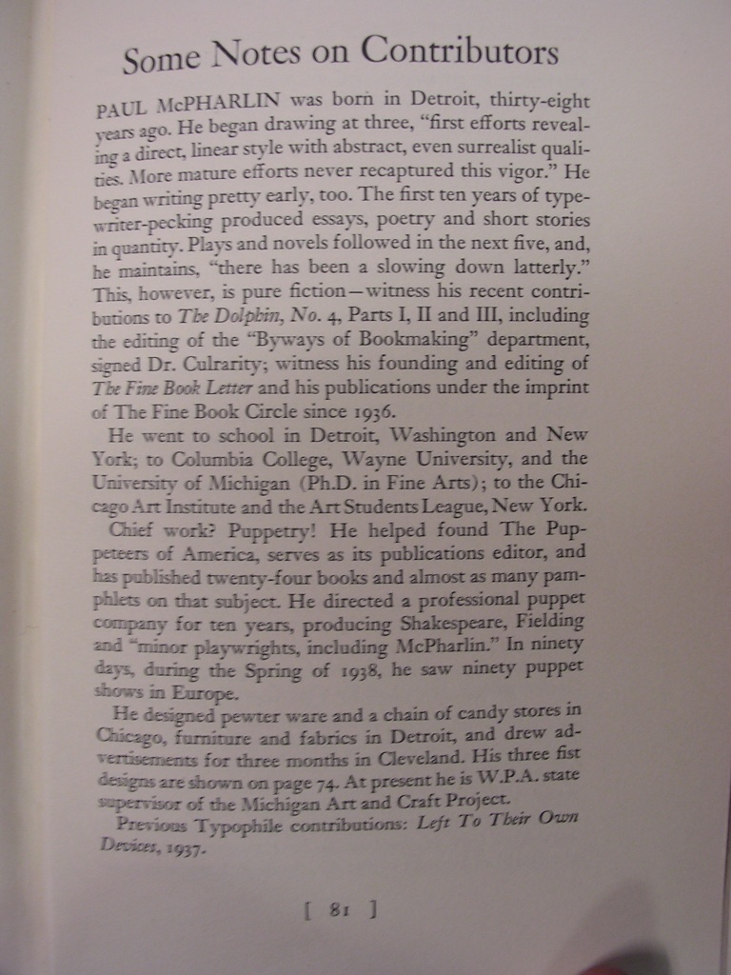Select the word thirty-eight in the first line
[x=543, y=100]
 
